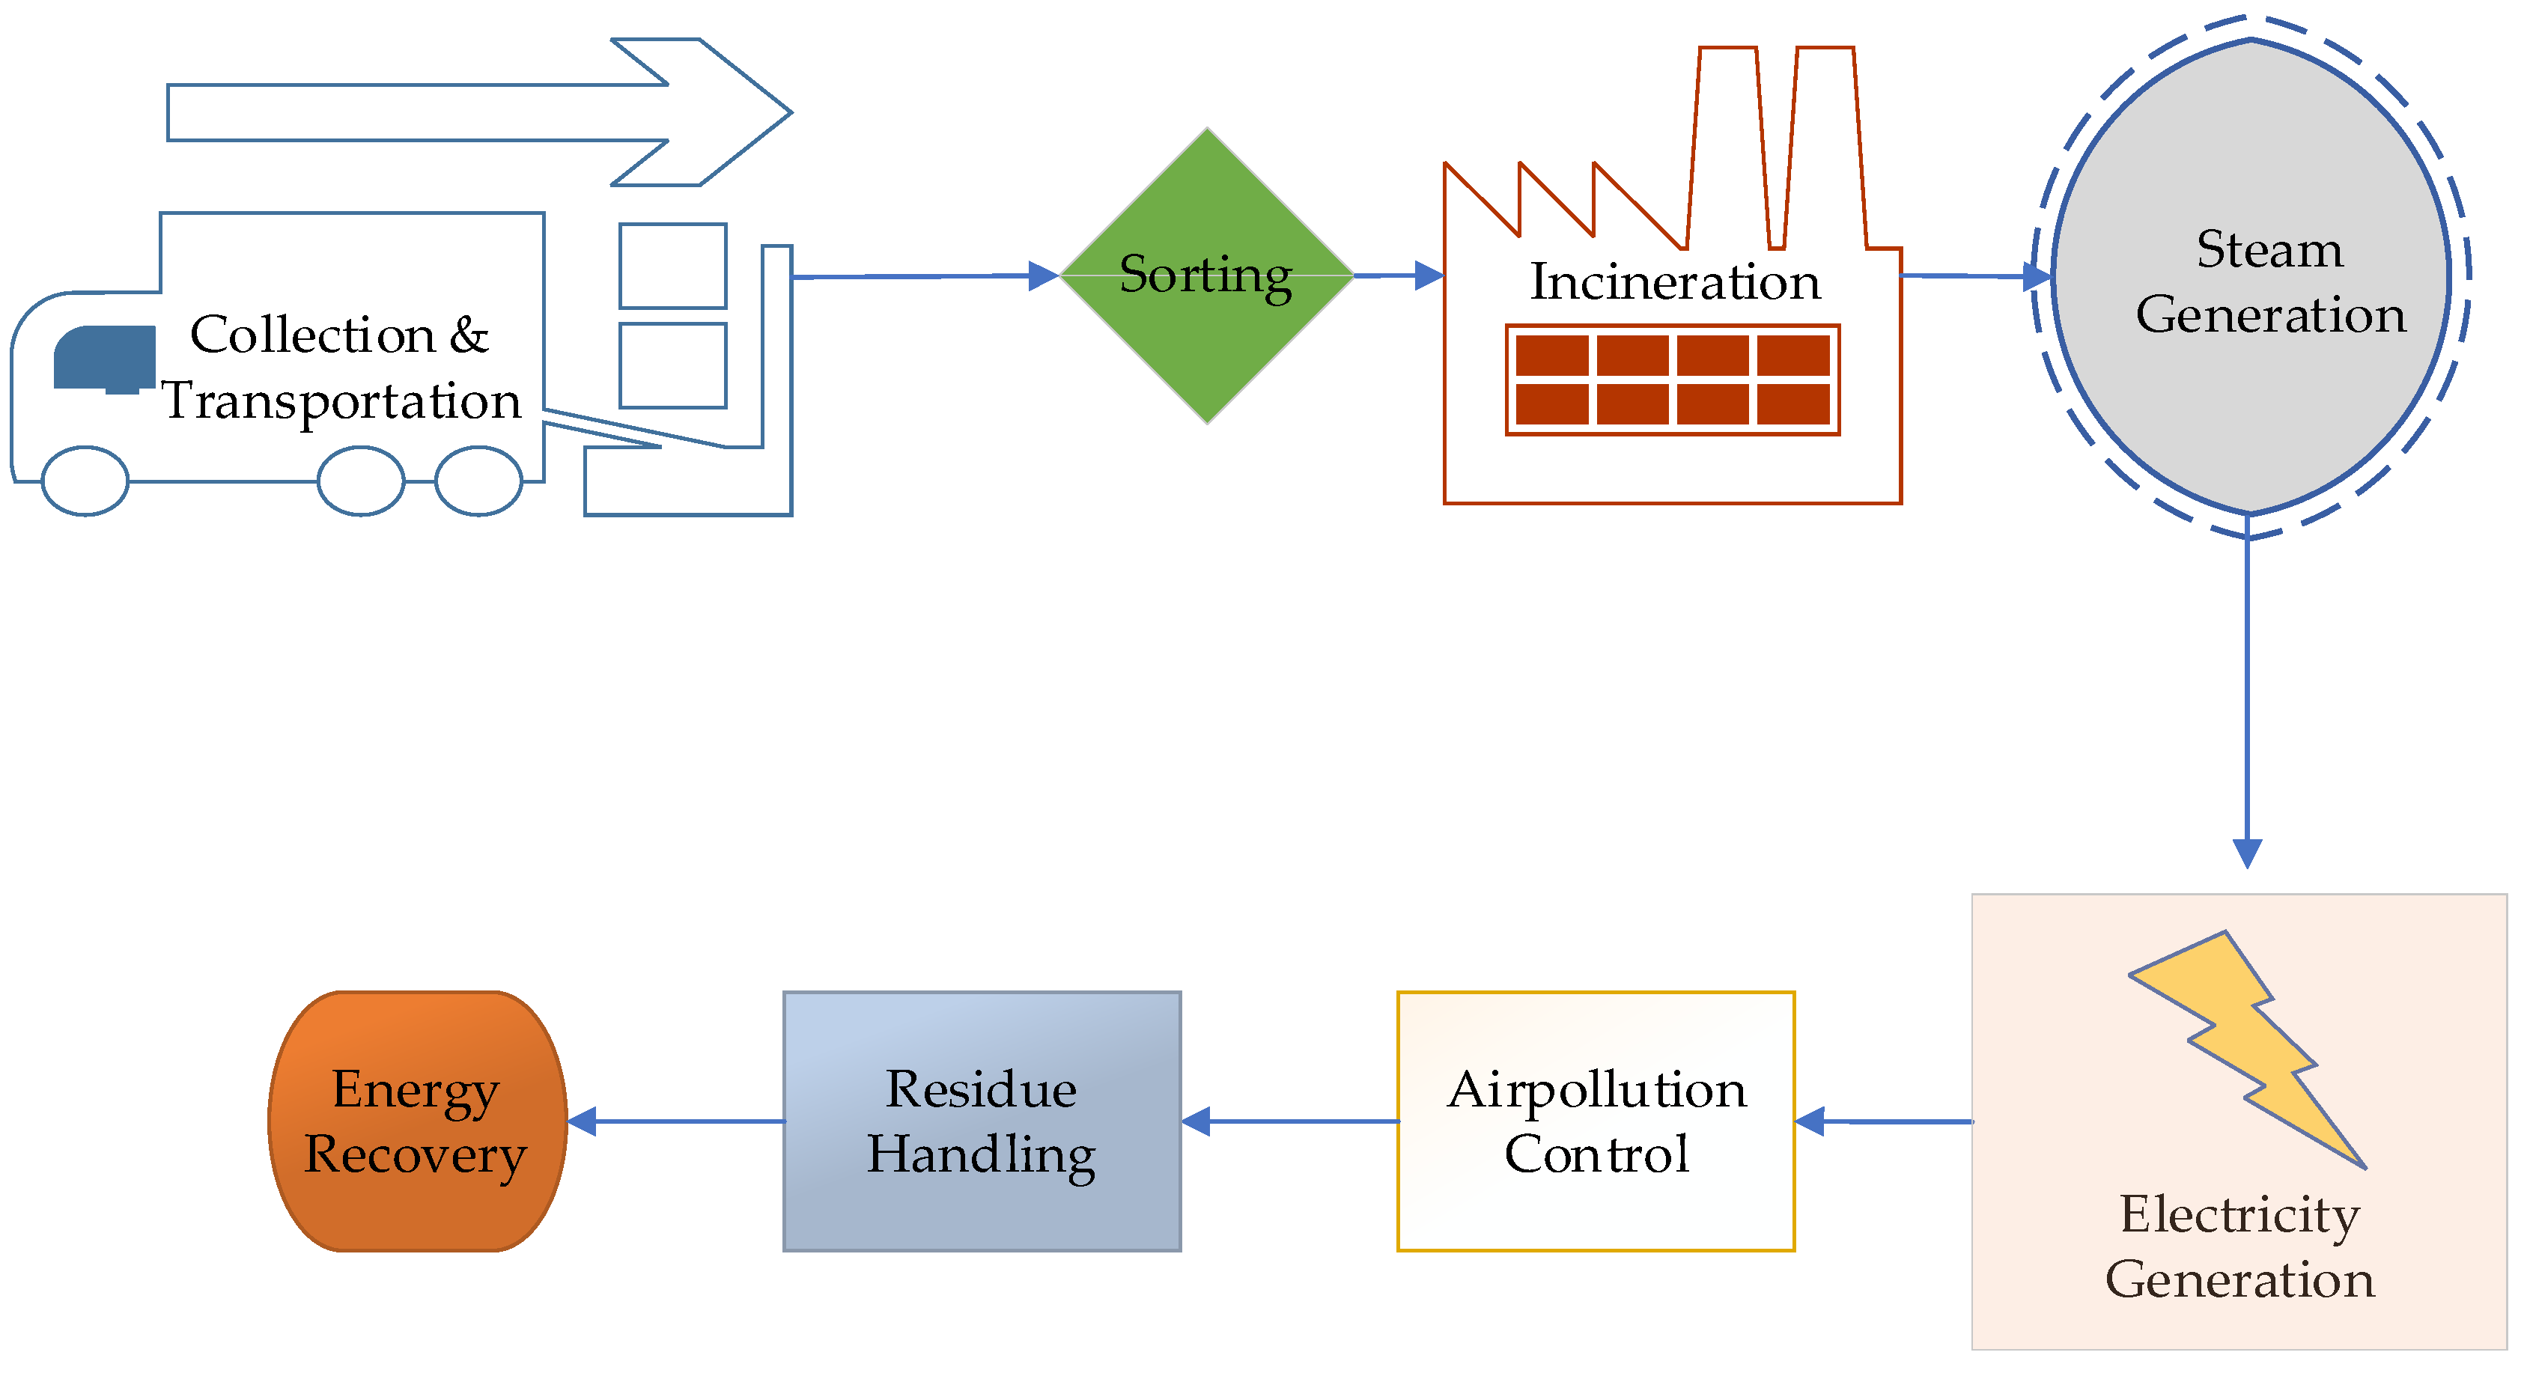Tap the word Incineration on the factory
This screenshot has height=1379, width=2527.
coord(1674,282)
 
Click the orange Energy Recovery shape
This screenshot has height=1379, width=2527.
coord(418,1121)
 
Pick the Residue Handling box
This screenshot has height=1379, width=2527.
coord(982,1121)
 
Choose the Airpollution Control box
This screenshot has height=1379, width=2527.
coord(1596,1121)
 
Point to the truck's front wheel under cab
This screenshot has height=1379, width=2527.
coord(85,481)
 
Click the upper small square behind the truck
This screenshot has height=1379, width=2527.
coord(673,266)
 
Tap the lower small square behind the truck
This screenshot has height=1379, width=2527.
coord(673,365)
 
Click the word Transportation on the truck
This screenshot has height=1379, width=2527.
coord(341,401)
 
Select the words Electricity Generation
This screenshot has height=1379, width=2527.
coord(2239,1246)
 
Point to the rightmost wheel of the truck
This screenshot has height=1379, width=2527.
coord(478,481)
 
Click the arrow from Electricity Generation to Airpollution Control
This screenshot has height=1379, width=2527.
coord(1884,1121)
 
